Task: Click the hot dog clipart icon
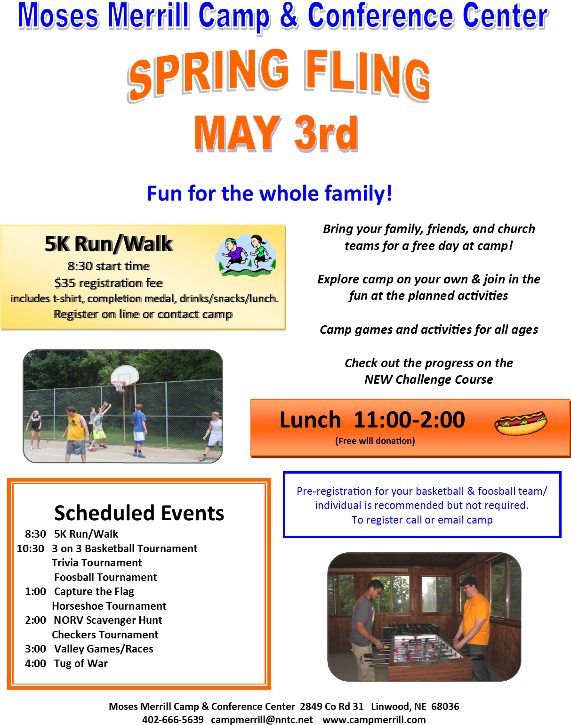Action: [x=521, y=422]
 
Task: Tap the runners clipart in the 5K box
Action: [x=246, y=255]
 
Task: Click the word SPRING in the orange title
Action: [x=209, y=73]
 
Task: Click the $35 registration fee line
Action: [x=109, y=283]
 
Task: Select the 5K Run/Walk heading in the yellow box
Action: [x=109, y=244]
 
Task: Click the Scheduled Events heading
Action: [x=139, y=513]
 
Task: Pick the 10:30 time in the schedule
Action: [x=31, y=548]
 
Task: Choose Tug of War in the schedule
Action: [x=81, y=663]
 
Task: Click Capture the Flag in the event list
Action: [x=94, y=591]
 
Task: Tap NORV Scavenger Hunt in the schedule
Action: [x=108, y=620]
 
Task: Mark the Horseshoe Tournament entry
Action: [x=109, y=606]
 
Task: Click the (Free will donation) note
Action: [x=375, y=441]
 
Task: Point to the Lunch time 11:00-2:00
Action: [x=409, y=419]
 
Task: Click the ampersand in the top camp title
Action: [x=289, y=15]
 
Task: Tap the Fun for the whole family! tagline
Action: [x=269, y=193]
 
